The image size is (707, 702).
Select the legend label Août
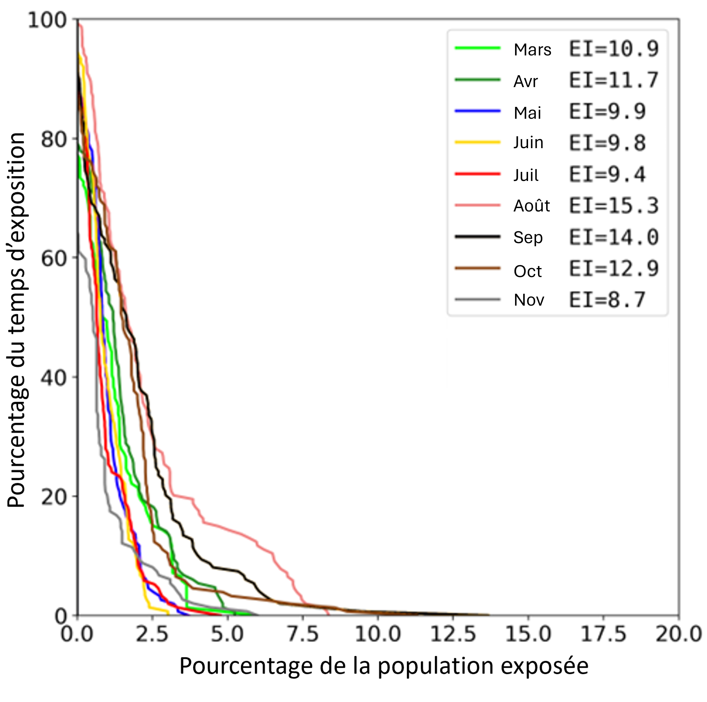[531, 206]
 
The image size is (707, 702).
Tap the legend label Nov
[529, 300]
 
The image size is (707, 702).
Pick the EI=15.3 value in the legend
[614, 206]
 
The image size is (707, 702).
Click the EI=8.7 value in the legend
[607, 300]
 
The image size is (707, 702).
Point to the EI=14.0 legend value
[614, 237]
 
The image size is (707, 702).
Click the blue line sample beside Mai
[477, 111]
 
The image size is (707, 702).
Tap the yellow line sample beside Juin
[477, 142]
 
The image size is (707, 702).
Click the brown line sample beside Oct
[477, 268]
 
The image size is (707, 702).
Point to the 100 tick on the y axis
[47, 20]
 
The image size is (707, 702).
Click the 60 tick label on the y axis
[53, 259]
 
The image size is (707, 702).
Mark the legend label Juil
[526, 175]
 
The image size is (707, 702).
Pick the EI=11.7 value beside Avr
[614, 80]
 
